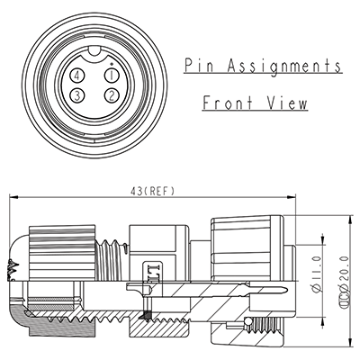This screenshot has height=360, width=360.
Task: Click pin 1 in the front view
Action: pos(111,76)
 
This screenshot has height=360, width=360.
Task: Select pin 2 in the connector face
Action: pos(111,95)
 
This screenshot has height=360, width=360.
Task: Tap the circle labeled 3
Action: pos(79,95)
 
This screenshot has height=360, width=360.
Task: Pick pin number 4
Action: pos(79,76)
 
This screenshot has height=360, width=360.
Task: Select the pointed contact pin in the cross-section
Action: pos(252,290)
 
